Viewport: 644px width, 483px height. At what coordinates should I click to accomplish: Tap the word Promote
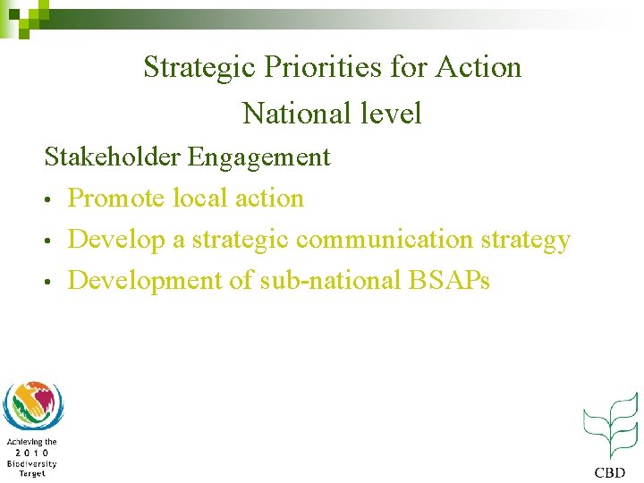pyautogui.click(x=115, y=198)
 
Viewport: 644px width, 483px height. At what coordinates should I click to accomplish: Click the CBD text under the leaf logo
pyautogui.click(x=611, y=471)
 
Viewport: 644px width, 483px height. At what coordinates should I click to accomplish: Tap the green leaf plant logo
pyautogui.click(x=611, y=426)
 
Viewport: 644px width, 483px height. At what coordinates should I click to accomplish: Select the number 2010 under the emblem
pyautogui.click(x=31, y=453)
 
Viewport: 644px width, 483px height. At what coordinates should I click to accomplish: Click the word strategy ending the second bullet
pyautogui.click(x=525, y=241)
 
